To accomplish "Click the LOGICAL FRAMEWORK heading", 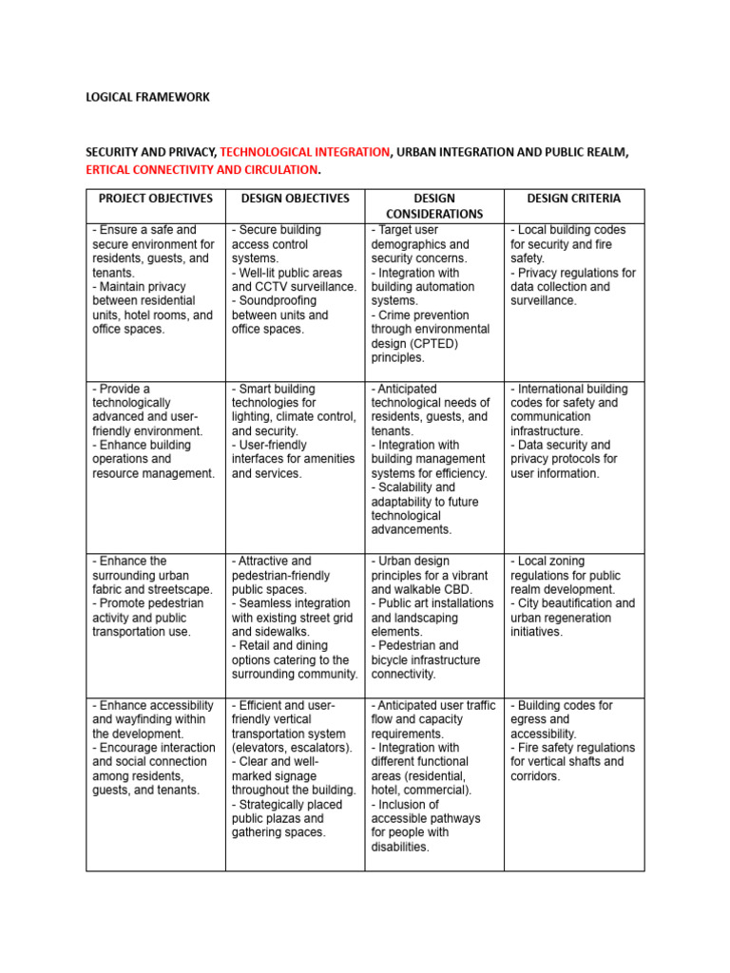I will tap(147, 97).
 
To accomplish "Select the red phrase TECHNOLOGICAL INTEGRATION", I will tap(305, 151).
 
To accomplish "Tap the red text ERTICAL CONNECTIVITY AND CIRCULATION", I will tap(202, 169).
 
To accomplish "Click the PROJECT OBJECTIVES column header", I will tap(155, 199).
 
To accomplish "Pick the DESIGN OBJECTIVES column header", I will tap(295, 199).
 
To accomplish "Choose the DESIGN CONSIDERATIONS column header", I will tap(434, 206).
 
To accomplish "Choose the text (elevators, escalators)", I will tap(292, 748).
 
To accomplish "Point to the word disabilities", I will tap(400, 847).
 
